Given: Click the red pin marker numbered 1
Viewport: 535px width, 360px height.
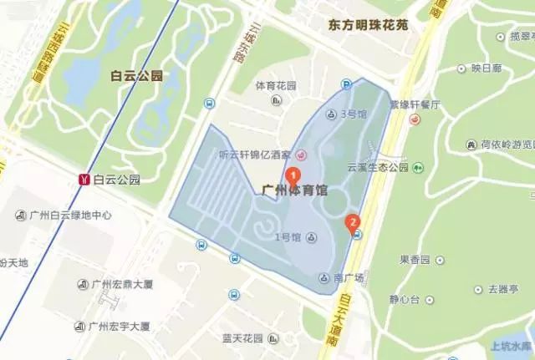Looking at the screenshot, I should (x=293, y=176).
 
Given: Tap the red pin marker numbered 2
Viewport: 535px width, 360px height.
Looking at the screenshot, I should (x=353, y=222).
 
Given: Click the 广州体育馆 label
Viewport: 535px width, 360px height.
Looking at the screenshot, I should (x=294, y=190).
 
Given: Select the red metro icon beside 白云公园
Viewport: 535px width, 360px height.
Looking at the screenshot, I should (x=83, y=179).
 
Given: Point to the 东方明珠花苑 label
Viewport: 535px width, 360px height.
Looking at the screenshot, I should (x=368, y=26).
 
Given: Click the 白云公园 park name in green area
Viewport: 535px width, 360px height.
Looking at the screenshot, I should (x=135, y=77).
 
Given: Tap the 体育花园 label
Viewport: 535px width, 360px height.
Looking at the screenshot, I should (x=276, y=86).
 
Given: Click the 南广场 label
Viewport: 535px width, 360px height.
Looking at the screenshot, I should (x=344, y=276).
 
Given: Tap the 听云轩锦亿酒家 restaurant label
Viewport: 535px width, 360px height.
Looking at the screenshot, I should (x=254, y=155).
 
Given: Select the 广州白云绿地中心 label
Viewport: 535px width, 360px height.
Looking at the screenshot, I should (x=70, y=215).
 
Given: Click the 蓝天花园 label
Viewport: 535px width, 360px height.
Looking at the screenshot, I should (x=242, y=338).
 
